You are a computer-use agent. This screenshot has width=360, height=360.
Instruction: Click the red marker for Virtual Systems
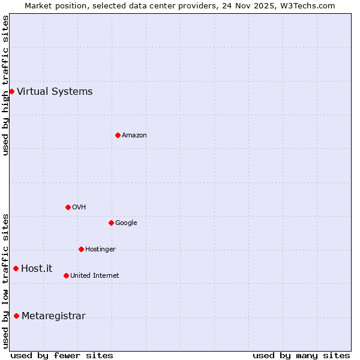pos(11,91)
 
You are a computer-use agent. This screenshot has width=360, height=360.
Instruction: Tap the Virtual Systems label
pos(55,92)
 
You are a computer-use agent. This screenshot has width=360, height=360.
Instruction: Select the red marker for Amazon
pos(118,135)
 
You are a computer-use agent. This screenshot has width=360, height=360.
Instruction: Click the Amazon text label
pos(134,136)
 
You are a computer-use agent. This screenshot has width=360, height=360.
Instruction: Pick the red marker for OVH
pos(68,207)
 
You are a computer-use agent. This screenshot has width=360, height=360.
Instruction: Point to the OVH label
pos(79,208)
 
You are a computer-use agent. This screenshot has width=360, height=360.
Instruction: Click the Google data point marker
pos(111,223)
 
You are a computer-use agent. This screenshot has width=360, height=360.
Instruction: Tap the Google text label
pos(126,223)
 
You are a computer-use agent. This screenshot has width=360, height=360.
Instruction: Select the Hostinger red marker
pos(81,249)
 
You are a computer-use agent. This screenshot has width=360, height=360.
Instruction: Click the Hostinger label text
pos(100,250)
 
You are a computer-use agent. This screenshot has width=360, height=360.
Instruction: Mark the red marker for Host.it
pos(16,268)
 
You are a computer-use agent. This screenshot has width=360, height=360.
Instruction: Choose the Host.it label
pos(37,269)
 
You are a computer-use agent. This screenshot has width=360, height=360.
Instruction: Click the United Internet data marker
pos(66,275)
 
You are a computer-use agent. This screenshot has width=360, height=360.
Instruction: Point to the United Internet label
pos(95,276)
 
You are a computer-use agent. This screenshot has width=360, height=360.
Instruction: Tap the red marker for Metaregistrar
pos(16,316)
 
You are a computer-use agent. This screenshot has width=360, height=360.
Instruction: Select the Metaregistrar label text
pos(53,316)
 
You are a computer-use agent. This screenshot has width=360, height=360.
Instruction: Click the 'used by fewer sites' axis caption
pos(62,355)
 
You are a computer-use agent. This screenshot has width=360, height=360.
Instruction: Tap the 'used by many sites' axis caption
pos(301,355)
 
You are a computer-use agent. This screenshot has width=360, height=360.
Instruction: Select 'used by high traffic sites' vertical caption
pos(5,85)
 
